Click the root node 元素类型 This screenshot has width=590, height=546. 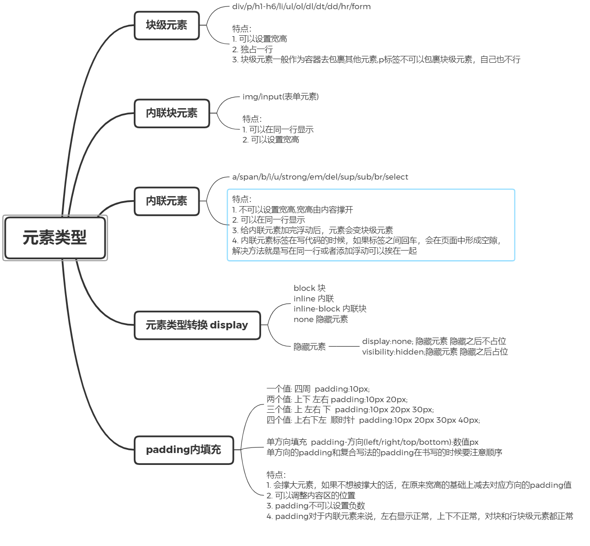tap(55, 238)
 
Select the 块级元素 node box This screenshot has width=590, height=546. tap(167, 26)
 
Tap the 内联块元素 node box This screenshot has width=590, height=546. tap(172, 113)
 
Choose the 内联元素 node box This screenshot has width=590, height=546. tap(167, 201)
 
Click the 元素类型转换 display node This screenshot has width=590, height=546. tap(197, 325)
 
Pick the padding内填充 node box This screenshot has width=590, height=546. tap(184, 450)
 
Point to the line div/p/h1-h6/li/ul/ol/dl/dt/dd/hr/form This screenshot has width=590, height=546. tap(301, 6)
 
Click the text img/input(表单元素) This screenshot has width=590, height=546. tap(280, 97)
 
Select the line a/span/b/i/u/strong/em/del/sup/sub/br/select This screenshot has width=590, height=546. tap(320, 177)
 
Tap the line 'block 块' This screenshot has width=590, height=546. tap(309, 288)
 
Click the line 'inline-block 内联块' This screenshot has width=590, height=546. tap(330, 309)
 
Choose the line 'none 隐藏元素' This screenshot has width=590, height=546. tap(321, 319)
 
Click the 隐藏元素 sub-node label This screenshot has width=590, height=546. tap(310, 347)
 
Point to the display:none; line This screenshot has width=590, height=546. tap(434, 341)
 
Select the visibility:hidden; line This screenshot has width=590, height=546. tap(435, 352)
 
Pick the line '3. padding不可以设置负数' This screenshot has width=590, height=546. tap(316, 506)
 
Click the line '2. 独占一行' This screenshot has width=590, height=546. tap(252, 49)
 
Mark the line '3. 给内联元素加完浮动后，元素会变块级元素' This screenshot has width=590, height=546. tap(312, 230)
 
